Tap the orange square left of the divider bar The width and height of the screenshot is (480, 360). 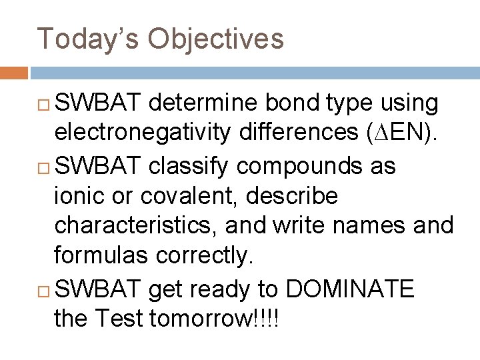coord(13,72)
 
